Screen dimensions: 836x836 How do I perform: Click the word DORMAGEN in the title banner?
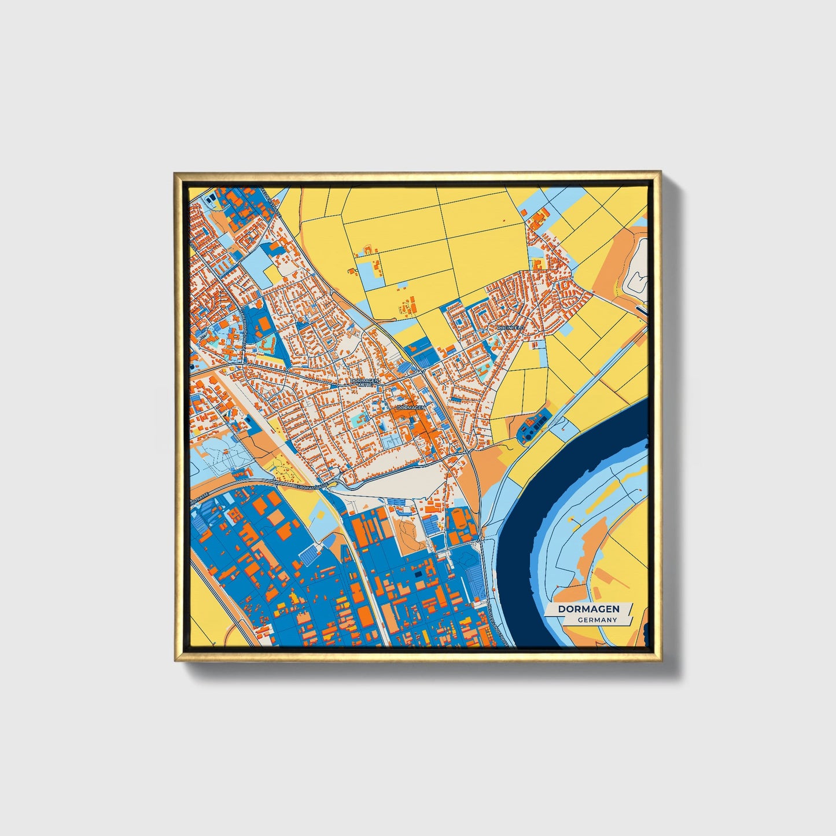(588, 609)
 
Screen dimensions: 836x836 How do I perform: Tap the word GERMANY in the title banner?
(597, 620)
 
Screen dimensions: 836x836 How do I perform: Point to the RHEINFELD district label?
(510, 327)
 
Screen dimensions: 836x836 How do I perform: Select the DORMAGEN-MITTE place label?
(365, 382)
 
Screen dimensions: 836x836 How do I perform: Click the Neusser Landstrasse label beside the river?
(498, 622)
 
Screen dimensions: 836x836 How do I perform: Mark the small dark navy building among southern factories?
(418, 574)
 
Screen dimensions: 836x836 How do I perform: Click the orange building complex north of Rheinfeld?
(539, 218)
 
